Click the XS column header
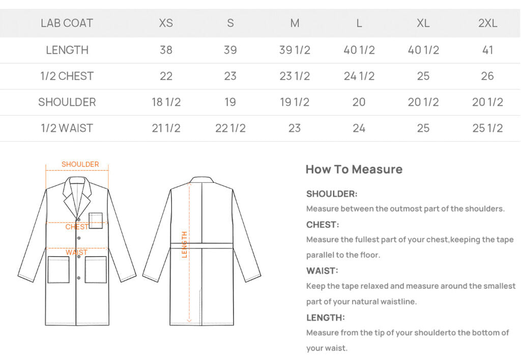click(166, 23)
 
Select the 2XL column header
click(487, 23)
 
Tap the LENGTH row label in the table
click(67, 50)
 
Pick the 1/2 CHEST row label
click(67, 76)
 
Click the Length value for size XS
click(166, 50)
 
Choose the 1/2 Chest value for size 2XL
click(487, 76)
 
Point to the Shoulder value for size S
click(230, 102)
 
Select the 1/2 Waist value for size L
click(359, 128)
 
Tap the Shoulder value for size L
click(359, 102)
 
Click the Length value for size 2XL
click(487, 50)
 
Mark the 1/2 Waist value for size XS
click(166, 128)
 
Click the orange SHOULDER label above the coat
click(80, 164)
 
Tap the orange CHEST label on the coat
click(77, 227)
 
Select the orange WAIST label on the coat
click(76, 252)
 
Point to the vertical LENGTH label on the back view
click(184, 244)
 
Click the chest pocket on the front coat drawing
click(96, 220)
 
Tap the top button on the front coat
click(79, 219)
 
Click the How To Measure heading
click(354, 170)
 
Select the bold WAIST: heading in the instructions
click(322, 271)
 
